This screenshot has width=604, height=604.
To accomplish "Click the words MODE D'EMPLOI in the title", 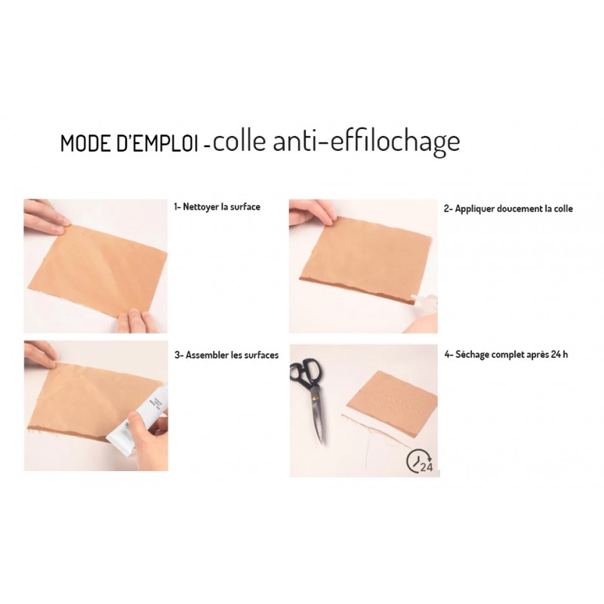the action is click(x=129, y=143).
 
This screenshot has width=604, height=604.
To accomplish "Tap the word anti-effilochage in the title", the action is click(x=366, y=143).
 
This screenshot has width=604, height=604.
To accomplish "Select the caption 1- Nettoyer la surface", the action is click(x=217, y=207).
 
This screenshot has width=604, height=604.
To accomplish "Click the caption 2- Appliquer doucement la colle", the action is click(x=508, y=209).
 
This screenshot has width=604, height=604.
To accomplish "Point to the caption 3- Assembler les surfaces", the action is click(x=226, y=355).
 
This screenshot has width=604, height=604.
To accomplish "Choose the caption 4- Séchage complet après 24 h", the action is click(x=506, y=354).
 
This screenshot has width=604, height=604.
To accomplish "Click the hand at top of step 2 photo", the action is click(x=311, y=213).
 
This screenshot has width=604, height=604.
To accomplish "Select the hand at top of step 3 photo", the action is click(x=41, y=354).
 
